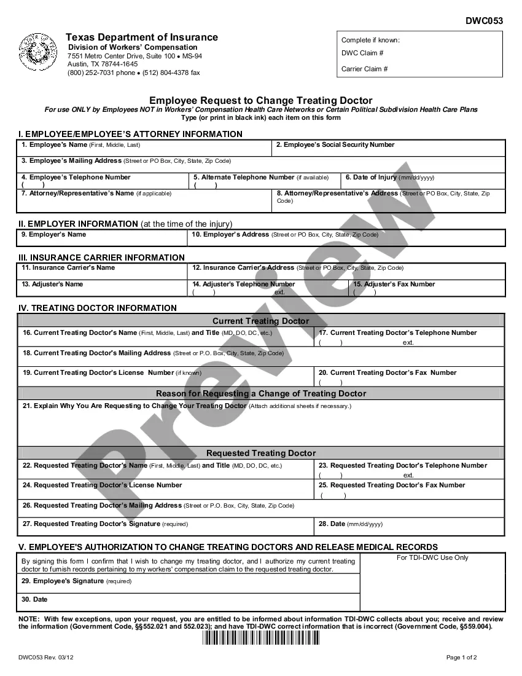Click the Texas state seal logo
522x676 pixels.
click(x=39, y=52)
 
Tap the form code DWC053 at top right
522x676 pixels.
click(x=484, y=21)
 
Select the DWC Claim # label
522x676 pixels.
click(x=362, y=53)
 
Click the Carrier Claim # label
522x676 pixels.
click(x=365, y=69)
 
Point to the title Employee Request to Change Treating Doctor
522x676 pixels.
click(x=260, y=100)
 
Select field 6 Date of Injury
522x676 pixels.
click(x=389, y=178)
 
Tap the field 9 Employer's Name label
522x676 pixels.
click(x=54, y=235)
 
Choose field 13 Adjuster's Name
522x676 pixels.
click(x=52, y=285)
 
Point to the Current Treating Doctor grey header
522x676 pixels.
click(x=260, y=321)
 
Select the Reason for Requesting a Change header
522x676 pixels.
click(x=260, y=393)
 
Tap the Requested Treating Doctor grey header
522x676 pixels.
click(x=260, y=454)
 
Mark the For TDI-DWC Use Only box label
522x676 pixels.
click(x=432, y=558)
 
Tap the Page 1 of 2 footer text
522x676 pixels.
click(x=461, y=658)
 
